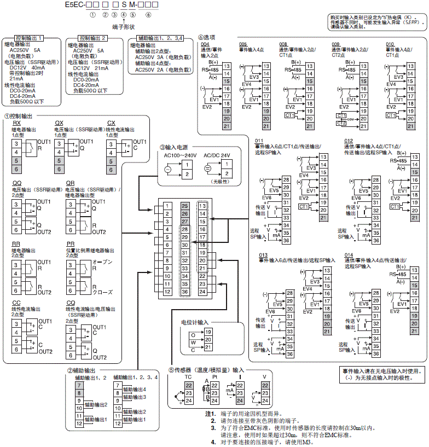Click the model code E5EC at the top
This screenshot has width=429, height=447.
pyautogui.click(x=73, y=5)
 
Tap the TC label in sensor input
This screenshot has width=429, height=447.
pyautogui.click(x=188, y=378)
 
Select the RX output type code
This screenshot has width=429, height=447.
pyautogui.click(x=17, y=123)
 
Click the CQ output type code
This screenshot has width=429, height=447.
pyautogui.click(x=71, y=302)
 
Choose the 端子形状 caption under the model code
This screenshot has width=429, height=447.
pyautogui.click(x=123, y=26)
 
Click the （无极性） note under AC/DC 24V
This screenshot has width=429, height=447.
pyautogui.click(x=221, y=181)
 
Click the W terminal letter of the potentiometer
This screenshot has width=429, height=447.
pyautogui.click(x=193, y=343)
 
